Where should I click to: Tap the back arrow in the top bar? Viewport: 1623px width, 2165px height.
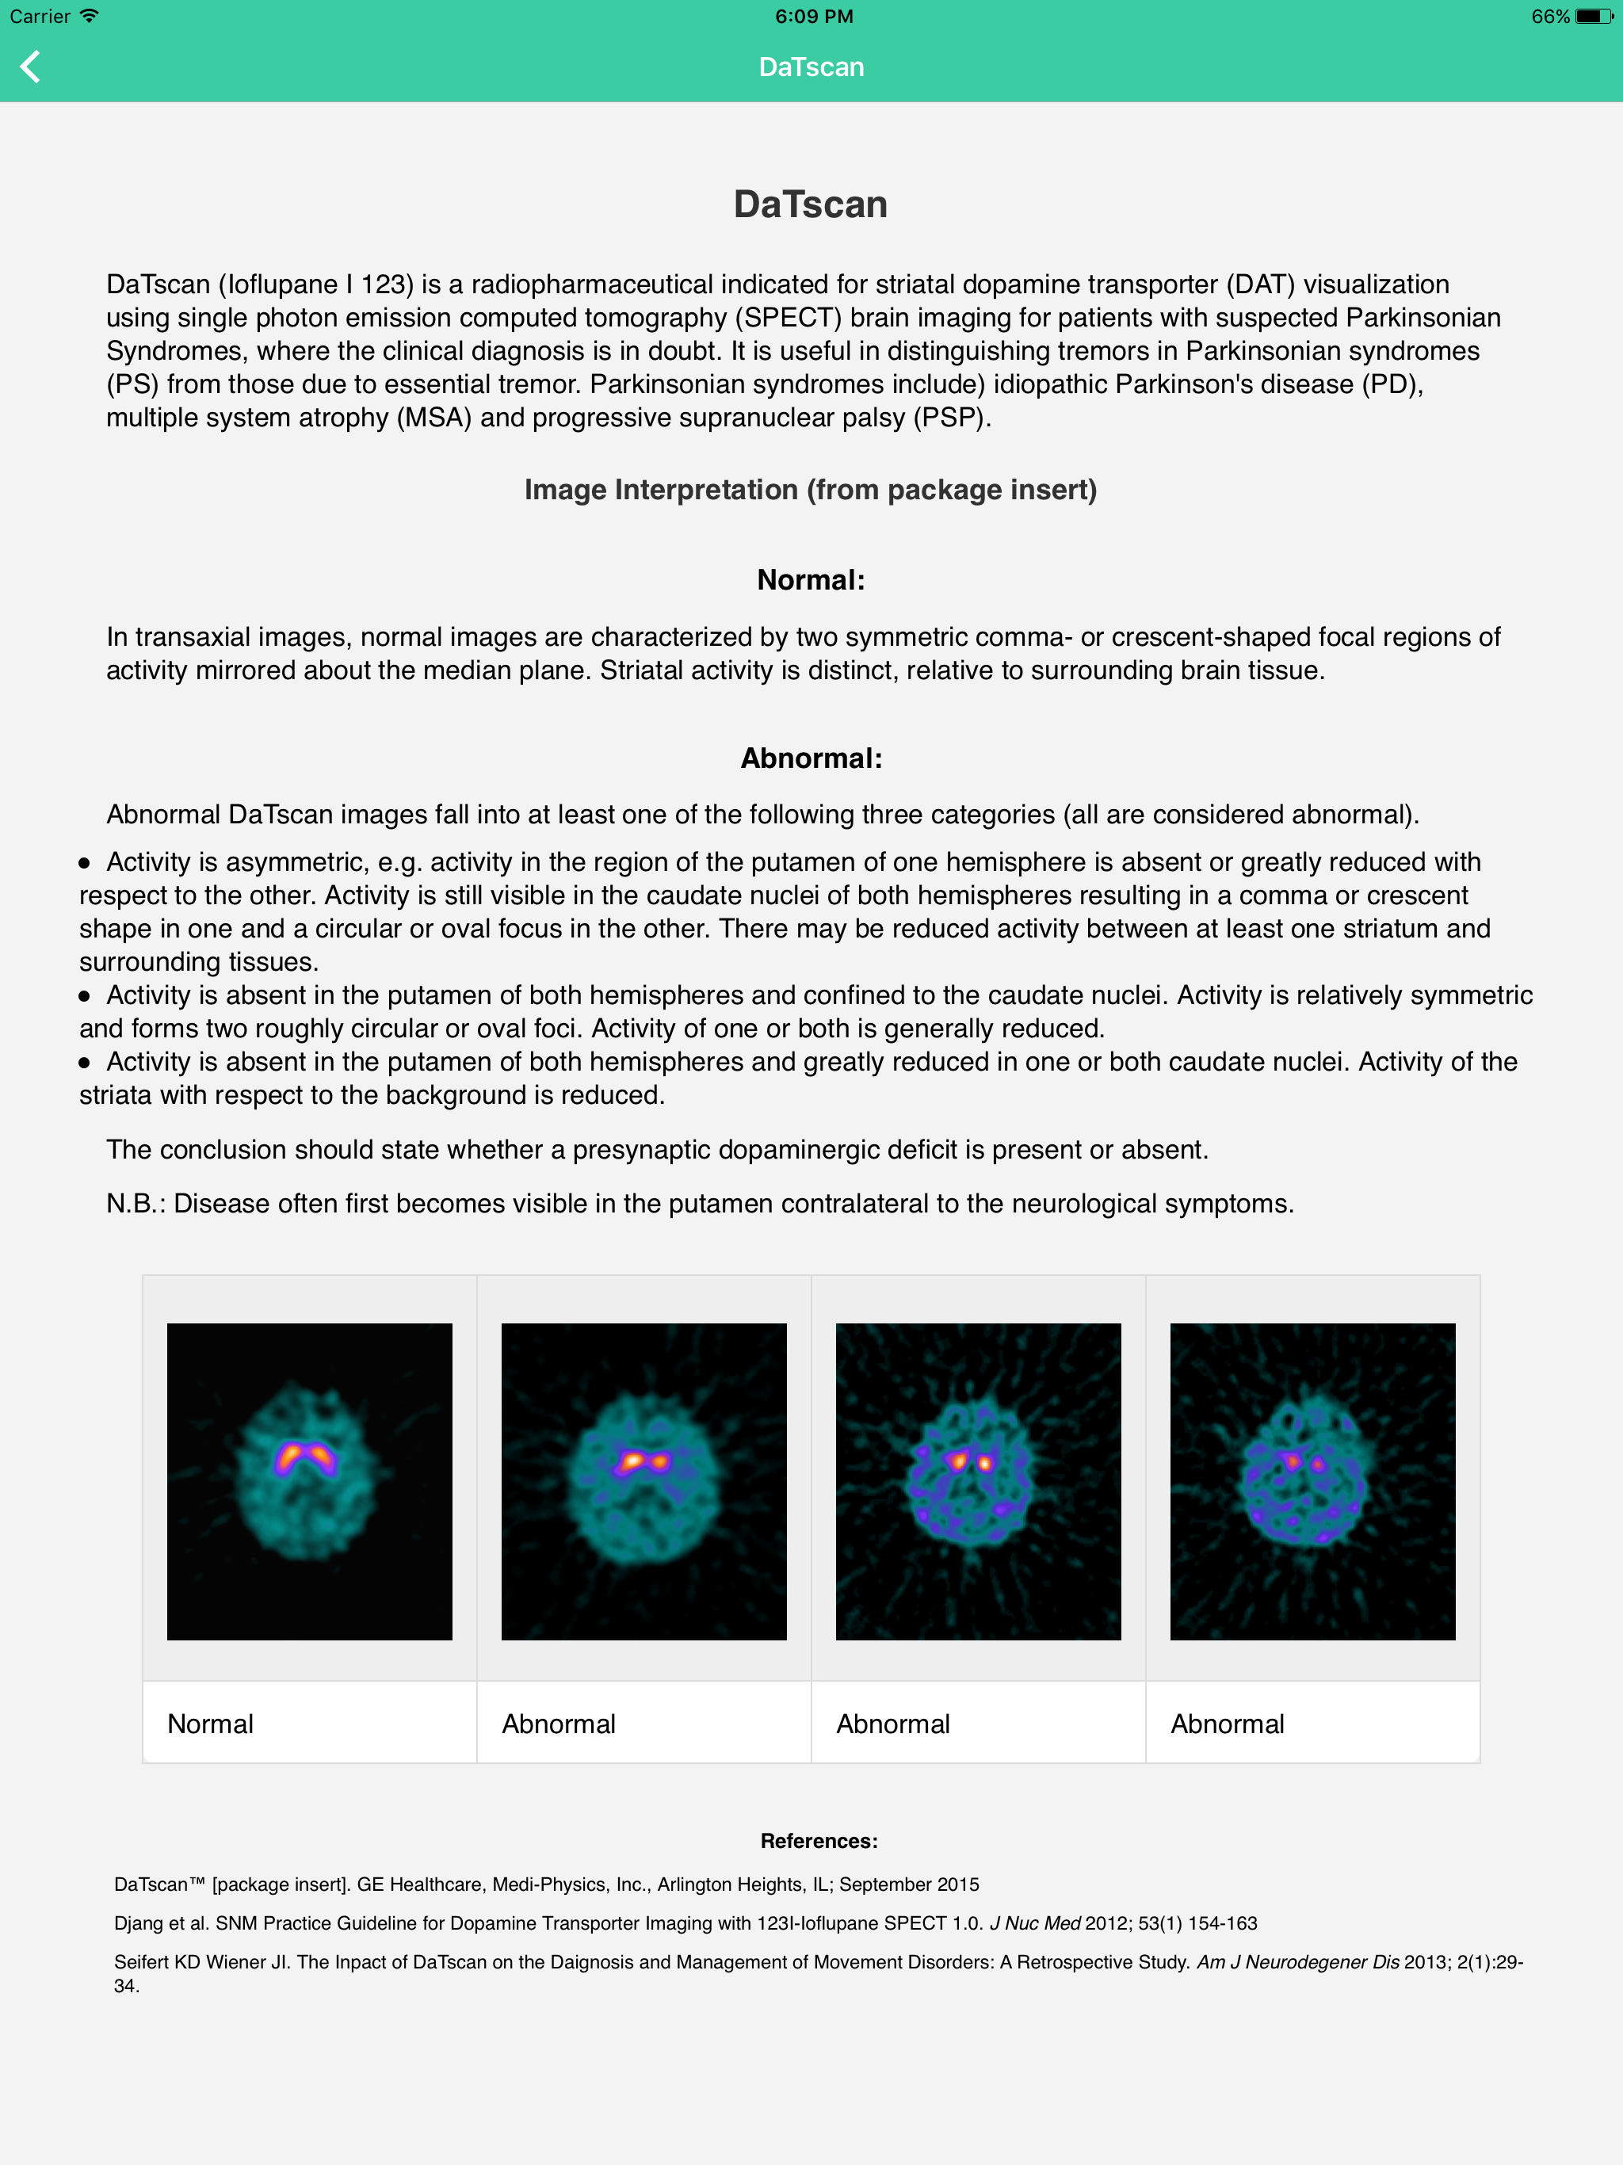30,67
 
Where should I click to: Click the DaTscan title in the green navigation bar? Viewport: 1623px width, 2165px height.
811,67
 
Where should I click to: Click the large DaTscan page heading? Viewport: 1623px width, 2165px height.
811,204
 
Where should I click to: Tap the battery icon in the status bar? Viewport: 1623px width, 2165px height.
1593,17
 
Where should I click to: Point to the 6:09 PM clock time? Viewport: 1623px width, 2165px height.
813,17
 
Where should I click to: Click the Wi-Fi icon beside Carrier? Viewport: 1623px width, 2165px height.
90,16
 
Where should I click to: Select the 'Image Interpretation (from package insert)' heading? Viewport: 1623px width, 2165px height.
811,490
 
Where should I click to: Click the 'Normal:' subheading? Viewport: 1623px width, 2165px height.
811,579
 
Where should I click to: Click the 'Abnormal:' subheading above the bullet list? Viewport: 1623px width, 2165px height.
811,758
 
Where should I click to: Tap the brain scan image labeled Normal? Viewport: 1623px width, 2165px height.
309,1481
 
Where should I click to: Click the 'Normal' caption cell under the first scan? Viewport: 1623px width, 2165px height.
309,1724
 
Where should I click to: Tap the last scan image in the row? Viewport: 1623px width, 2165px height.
1312,1481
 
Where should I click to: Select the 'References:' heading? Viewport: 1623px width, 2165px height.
819,1840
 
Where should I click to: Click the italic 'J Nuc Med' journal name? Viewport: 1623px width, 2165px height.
1035,1923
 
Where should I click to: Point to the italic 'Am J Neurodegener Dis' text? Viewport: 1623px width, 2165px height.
1297,1961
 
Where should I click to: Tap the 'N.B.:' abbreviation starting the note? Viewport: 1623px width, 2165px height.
135,1203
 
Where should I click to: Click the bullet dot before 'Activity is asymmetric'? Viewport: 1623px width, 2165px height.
85,862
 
